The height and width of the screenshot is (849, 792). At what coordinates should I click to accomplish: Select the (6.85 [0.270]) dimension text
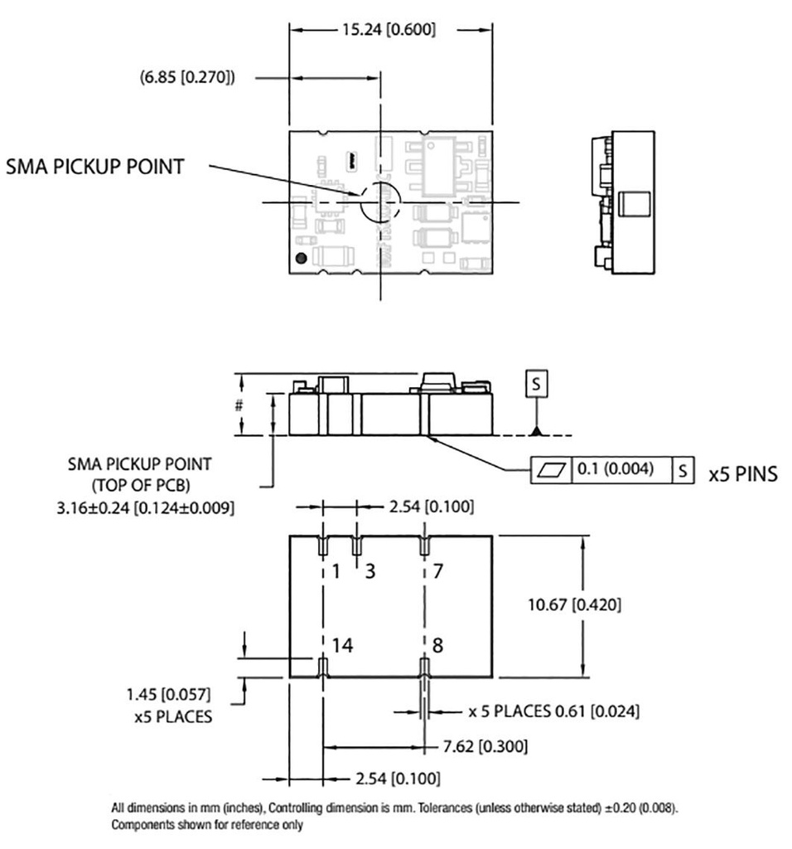tap(188, 79)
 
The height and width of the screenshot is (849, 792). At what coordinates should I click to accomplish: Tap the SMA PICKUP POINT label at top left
tap(95, 167)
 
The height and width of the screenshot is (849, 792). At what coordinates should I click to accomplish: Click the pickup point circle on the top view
tap(379, 201)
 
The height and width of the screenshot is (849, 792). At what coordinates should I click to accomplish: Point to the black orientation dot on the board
tap(302, 258)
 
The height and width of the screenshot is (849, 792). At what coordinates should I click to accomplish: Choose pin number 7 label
tap(438, 570)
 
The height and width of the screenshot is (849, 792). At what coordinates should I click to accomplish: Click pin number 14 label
tap(342, 645)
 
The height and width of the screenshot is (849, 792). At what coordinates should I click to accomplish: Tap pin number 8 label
tap(438, 645)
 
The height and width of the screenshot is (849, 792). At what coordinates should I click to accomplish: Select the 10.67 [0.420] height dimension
tap(574, 604)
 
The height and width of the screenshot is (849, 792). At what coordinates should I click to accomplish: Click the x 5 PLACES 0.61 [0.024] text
tap(553, 711)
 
